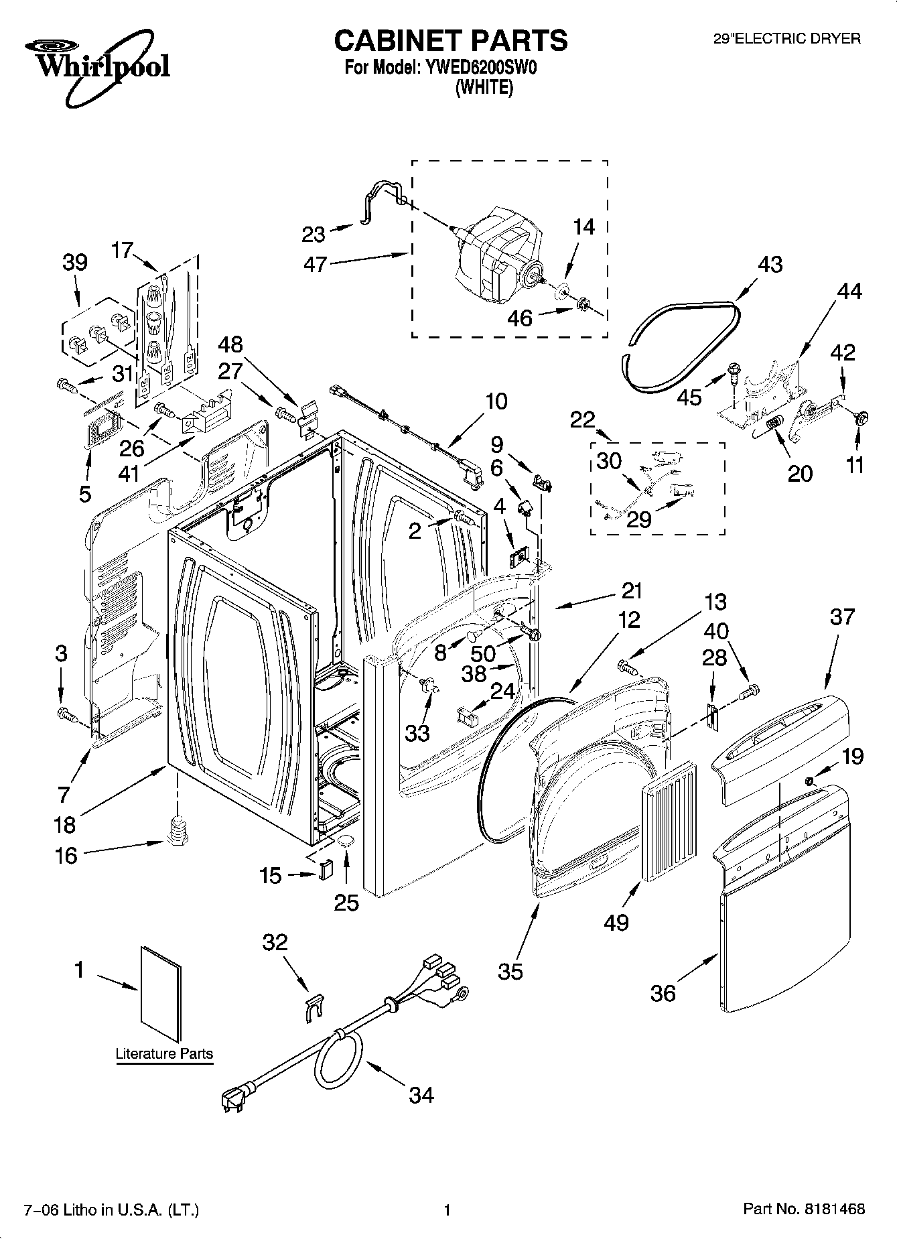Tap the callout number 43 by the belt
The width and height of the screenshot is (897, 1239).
[x=770, y=265]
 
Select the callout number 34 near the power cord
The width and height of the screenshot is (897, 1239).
[x=421, y=1095]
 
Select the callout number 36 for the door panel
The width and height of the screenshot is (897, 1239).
[x=663, y=992]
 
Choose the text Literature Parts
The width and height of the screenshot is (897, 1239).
[x=164, y=1054]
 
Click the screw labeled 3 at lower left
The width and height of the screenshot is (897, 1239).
[x=65, y=714]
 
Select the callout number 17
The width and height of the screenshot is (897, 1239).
[x=123, y=251]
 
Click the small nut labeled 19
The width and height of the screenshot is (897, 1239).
[x=809, y=781]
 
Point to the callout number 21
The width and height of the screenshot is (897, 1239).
[x=632, y=591]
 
